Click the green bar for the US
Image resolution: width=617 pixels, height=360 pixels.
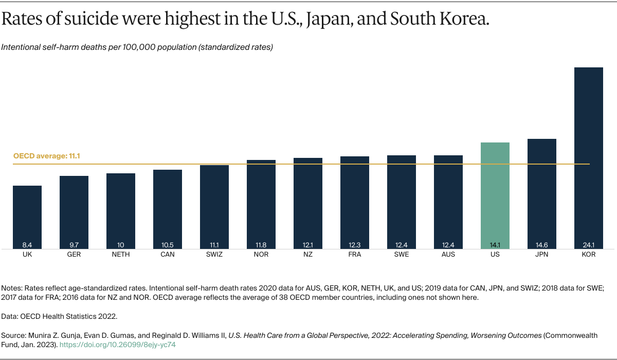tap(495, 195)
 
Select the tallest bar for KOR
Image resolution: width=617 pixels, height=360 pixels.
tap(588, 154)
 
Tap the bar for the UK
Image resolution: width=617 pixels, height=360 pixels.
tap(27, 216)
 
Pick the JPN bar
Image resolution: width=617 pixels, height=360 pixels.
tap(541, 193)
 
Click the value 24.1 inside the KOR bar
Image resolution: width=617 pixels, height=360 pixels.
tap(588, 245)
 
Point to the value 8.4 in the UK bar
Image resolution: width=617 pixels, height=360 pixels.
tap(27, 245)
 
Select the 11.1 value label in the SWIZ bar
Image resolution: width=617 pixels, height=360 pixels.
tap(214, 245)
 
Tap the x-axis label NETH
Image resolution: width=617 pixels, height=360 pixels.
tap(121, 255)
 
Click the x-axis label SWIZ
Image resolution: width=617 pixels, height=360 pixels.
tap(214, 255)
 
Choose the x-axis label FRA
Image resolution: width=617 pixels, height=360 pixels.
tap(355, 255)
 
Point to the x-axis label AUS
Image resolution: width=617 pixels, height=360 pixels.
tap(448, 255)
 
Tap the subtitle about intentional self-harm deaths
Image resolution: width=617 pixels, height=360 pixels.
tap(137, 47)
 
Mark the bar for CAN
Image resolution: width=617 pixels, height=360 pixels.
tap(168, 208)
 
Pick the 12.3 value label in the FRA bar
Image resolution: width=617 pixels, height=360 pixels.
tap(355, 245)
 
